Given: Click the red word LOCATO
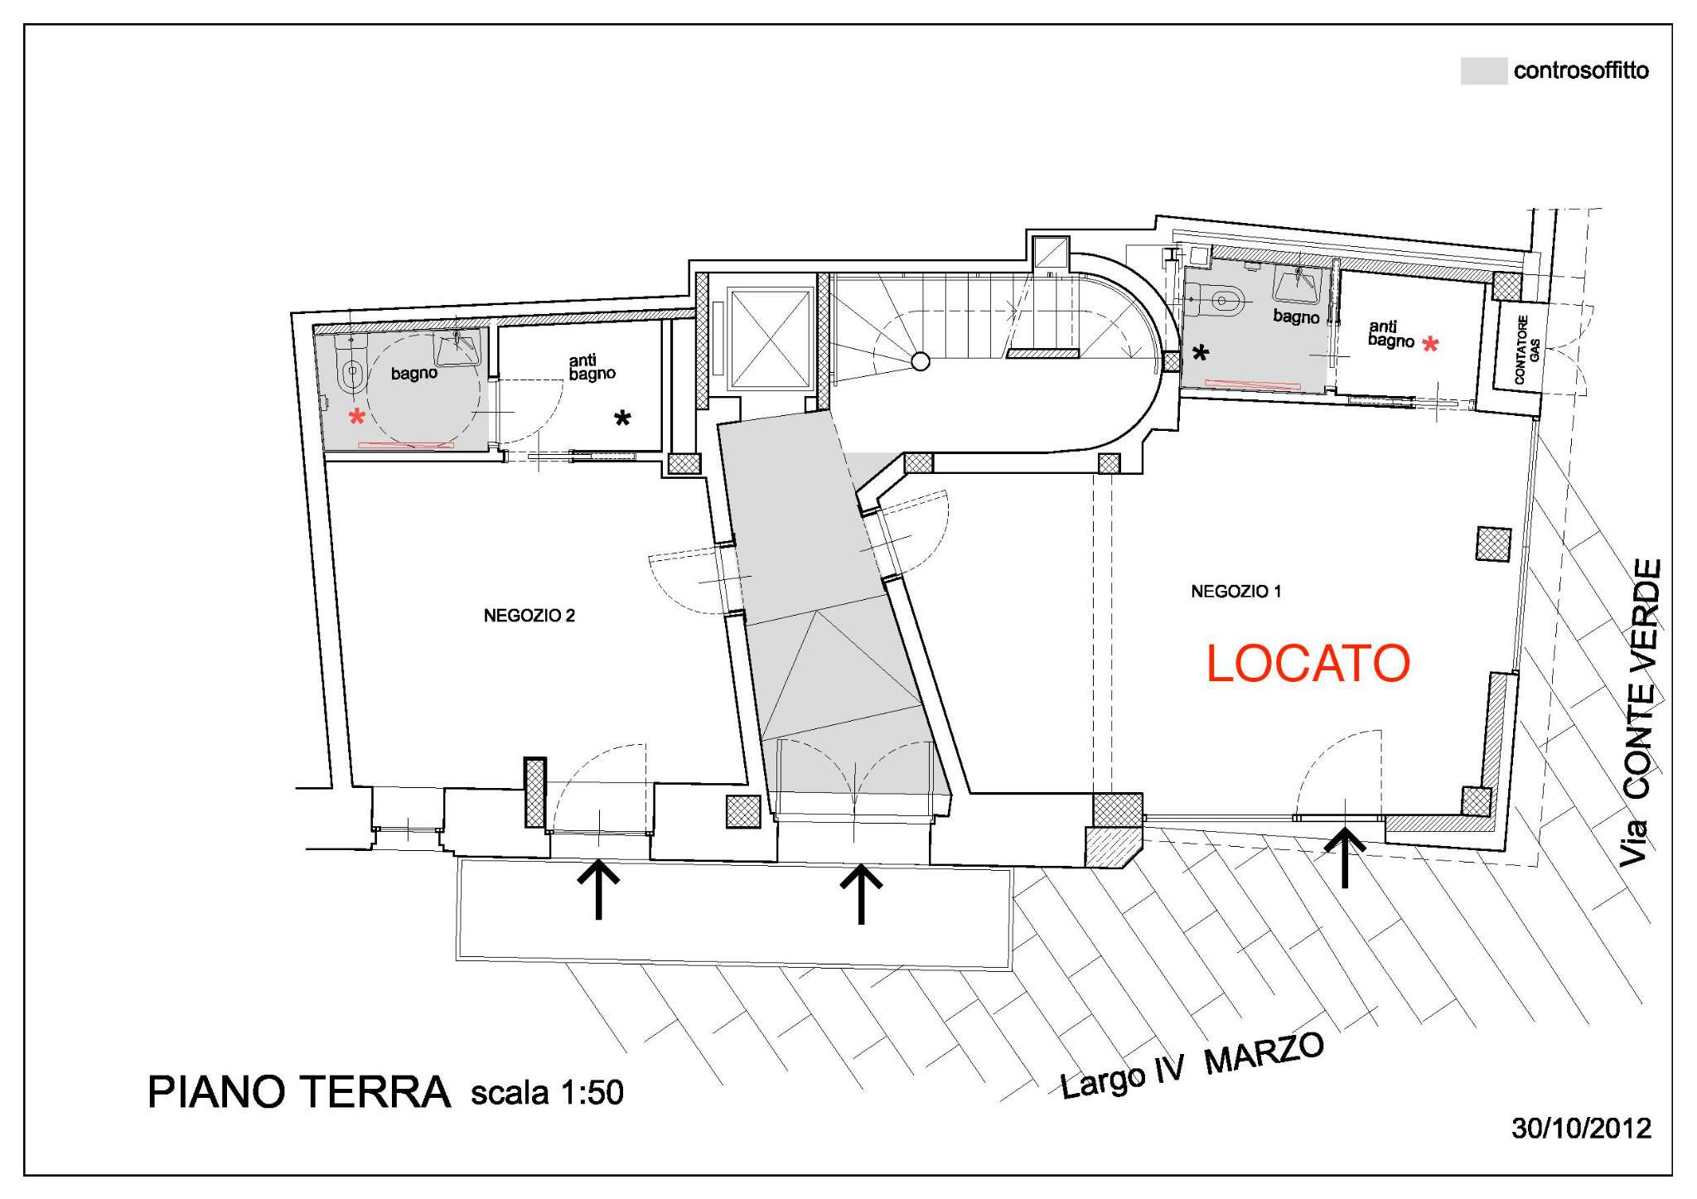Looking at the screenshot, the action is click(x=1308, y=663).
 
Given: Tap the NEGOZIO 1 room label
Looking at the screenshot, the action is click(x=1235, y=592).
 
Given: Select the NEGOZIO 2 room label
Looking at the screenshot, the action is click(x=529, y=616).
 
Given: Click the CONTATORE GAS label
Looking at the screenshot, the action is click(x=1526, y=349).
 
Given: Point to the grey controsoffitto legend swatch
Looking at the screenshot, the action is click(x=1483, y=70).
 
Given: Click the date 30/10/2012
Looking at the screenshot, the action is click(x=1581, y=1129).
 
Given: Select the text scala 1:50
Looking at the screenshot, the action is click(x=547, y=1093).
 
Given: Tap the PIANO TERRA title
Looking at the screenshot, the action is click(x=299, y=1092).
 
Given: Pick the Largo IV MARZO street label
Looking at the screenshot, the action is click(x=1192, y=1066).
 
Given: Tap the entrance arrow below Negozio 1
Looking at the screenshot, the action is click(x=1344, y=858).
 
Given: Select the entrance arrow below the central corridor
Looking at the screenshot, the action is click(x=861, y=893).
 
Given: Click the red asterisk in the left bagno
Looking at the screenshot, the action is click(x=357, y=416).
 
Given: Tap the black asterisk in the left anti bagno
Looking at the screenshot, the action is click(x=621, y=418).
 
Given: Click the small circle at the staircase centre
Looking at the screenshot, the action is click(x=920, y=360).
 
